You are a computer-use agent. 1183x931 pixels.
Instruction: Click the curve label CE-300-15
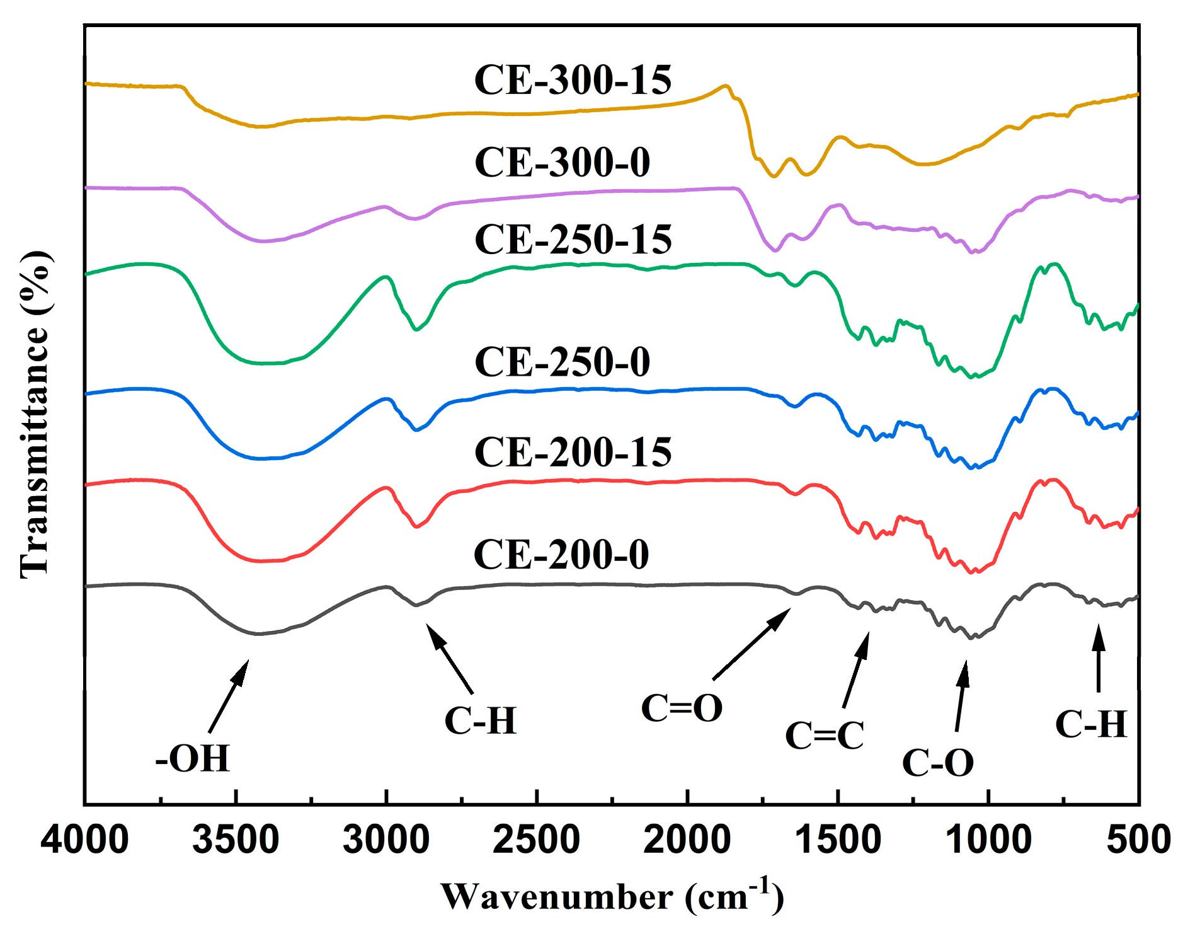point(573,81)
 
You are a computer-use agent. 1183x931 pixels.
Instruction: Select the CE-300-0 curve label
point(562,163)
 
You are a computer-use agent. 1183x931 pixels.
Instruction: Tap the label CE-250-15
point(573,240)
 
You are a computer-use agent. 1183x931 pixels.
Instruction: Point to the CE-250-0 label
point(562,362)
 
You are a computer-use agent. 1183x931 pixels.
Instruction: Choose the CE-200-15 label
point(573,453)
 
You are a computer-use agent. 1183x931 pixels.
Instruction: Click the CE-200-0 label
point(561,555)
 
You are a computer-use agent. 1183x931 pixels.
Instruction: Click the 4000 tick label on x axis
point(85,841)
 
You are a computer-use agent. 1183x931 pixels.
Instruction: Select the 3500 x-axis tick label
point(236,841)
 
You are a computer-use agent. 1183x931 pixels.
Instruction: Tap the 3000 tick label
point(386,841)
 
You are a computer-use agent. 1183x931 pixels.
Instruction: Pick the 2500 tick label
point(537,841)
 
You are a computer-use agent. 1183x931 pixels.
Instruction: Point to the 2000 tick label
point(687,841)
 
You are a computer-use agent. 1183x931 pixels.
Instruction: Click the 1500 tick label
point(838,841)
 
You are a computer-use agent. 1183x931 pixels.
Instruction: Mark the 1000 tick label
point(988,841)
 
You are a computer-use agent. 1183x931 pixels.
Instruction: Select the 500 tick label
point(1139,841)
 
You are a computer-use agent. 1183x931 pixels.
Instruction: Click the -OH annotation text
point(193,758)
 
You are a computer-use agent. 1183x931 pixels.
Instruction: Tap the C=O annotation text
point(682,708)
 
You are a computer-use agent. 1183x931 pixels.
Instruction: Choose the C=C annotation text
point(825,736)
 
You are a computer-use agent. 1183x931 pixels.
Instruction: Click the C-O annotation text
point(938,763)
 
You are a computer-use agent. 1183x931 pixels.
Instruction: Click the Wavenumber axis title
point(612,896)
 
